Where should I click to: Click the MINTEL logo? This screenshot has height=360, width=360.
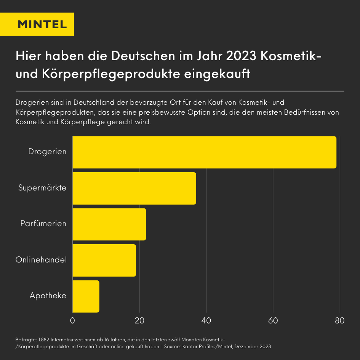click(42, 24)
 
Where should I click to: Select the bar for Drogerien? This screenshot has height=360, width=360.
click(204, 152)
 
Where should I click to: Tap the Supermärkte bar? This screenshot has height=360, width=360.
click(134, 188)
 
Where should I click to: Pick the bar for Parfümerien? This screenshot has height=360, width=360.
click(109, 224)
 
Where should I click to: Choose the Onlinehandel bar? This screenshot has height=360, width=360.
click(104, 261)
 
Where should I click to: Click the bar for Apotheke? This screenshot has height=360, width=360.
click(86, 296)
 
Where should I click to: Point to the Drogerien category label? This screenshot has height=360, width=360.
click(47, 152)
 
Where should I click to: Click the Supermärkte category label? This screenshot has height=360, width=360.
click(42, 188)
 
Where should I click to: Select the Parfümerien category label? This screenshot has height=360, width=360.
click(43, 224)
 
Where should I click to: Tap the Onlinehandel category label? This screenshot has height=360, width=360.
click(41, 260)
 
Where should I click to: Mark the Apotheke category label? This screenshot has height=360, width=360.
click(48, 296)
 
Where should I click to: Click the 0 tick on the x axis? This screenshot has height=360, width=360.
click(72, 320)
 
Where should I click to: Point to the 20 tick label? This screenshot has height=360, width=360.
click(139, 320)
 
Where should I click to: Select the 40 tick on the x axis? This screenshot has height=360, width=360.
click(206, 320)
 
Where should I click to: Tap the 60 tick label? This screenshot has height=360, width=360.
click(273, 320)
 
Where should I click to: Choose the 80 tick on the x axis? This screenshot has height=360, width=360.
click(340, 320)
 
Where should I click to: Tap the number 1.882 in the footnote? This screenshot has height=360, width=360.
click(44, 339)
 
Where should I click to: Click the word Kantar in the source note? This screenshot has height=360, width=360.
click(192, 347)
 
